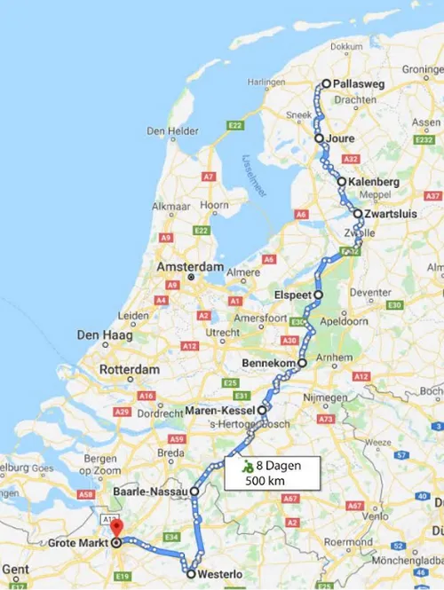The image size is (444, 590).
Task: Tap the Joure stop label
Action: (340, 139)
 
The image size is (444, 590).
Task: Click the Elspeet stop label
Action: (295, 295)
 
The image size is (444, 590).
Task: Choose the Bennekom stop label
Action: (270, 363)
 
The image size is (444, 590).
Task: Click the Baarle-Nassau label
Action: (149, 490)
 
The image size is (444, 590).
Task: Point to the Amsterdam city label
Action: (189, 266)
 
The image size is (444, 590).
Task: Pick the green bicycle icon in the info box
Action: (249, 465)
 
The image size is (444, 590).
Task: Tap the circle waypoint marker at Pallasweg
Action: (326, 83)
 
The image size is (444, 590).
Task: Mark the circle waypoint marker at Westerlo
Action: (191, 574)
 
